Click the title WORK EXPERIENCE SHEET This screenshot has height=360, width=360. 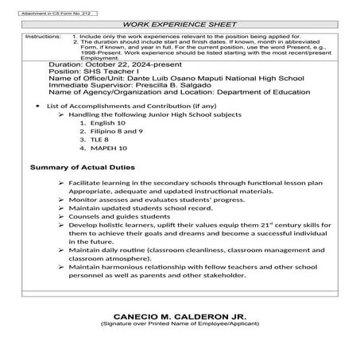tap(179, 25)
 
